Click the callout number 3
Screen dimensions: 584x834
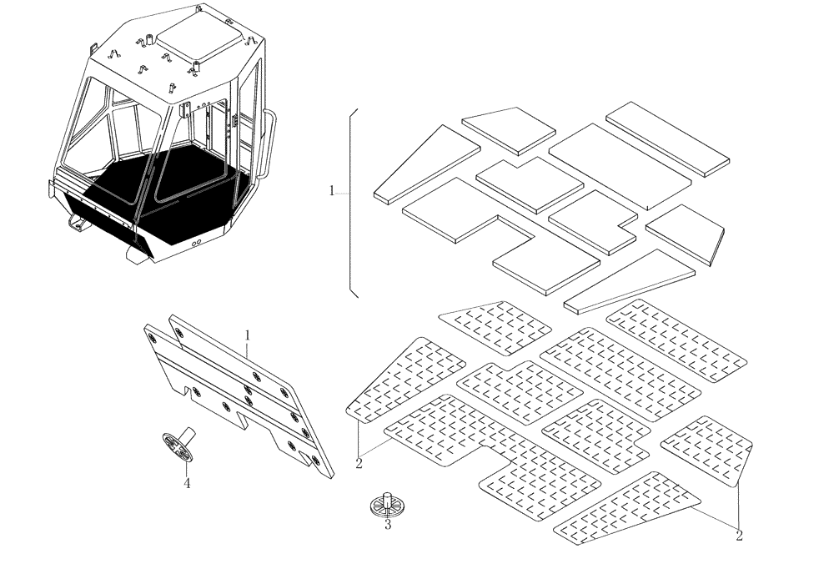pyautogui.click(x=388, y=526)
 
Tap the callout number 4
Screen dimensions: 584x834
pyautogui.click(x=187, y=483)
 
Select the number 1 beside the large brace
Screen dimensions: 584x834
pyautogui.click(x=331, y=191)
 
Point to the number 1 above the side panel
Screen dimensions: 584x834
pyautogui.click(x=247, y=335)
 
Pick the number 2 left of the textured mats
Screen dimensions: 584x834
pyautogui.click(x=359, y=465)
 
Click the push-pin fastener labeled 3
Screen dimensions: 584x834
pyautogui.click(x=387, y=504)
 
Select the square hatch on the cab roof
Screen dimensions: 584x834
pyautogui.click(x=199, y=38)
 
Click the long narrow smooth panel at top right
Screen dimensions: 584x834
pyautogui.click(x=667, y=138)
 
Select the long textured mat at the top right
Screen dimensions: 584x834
pyautogui.click(x=678, y=340)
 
